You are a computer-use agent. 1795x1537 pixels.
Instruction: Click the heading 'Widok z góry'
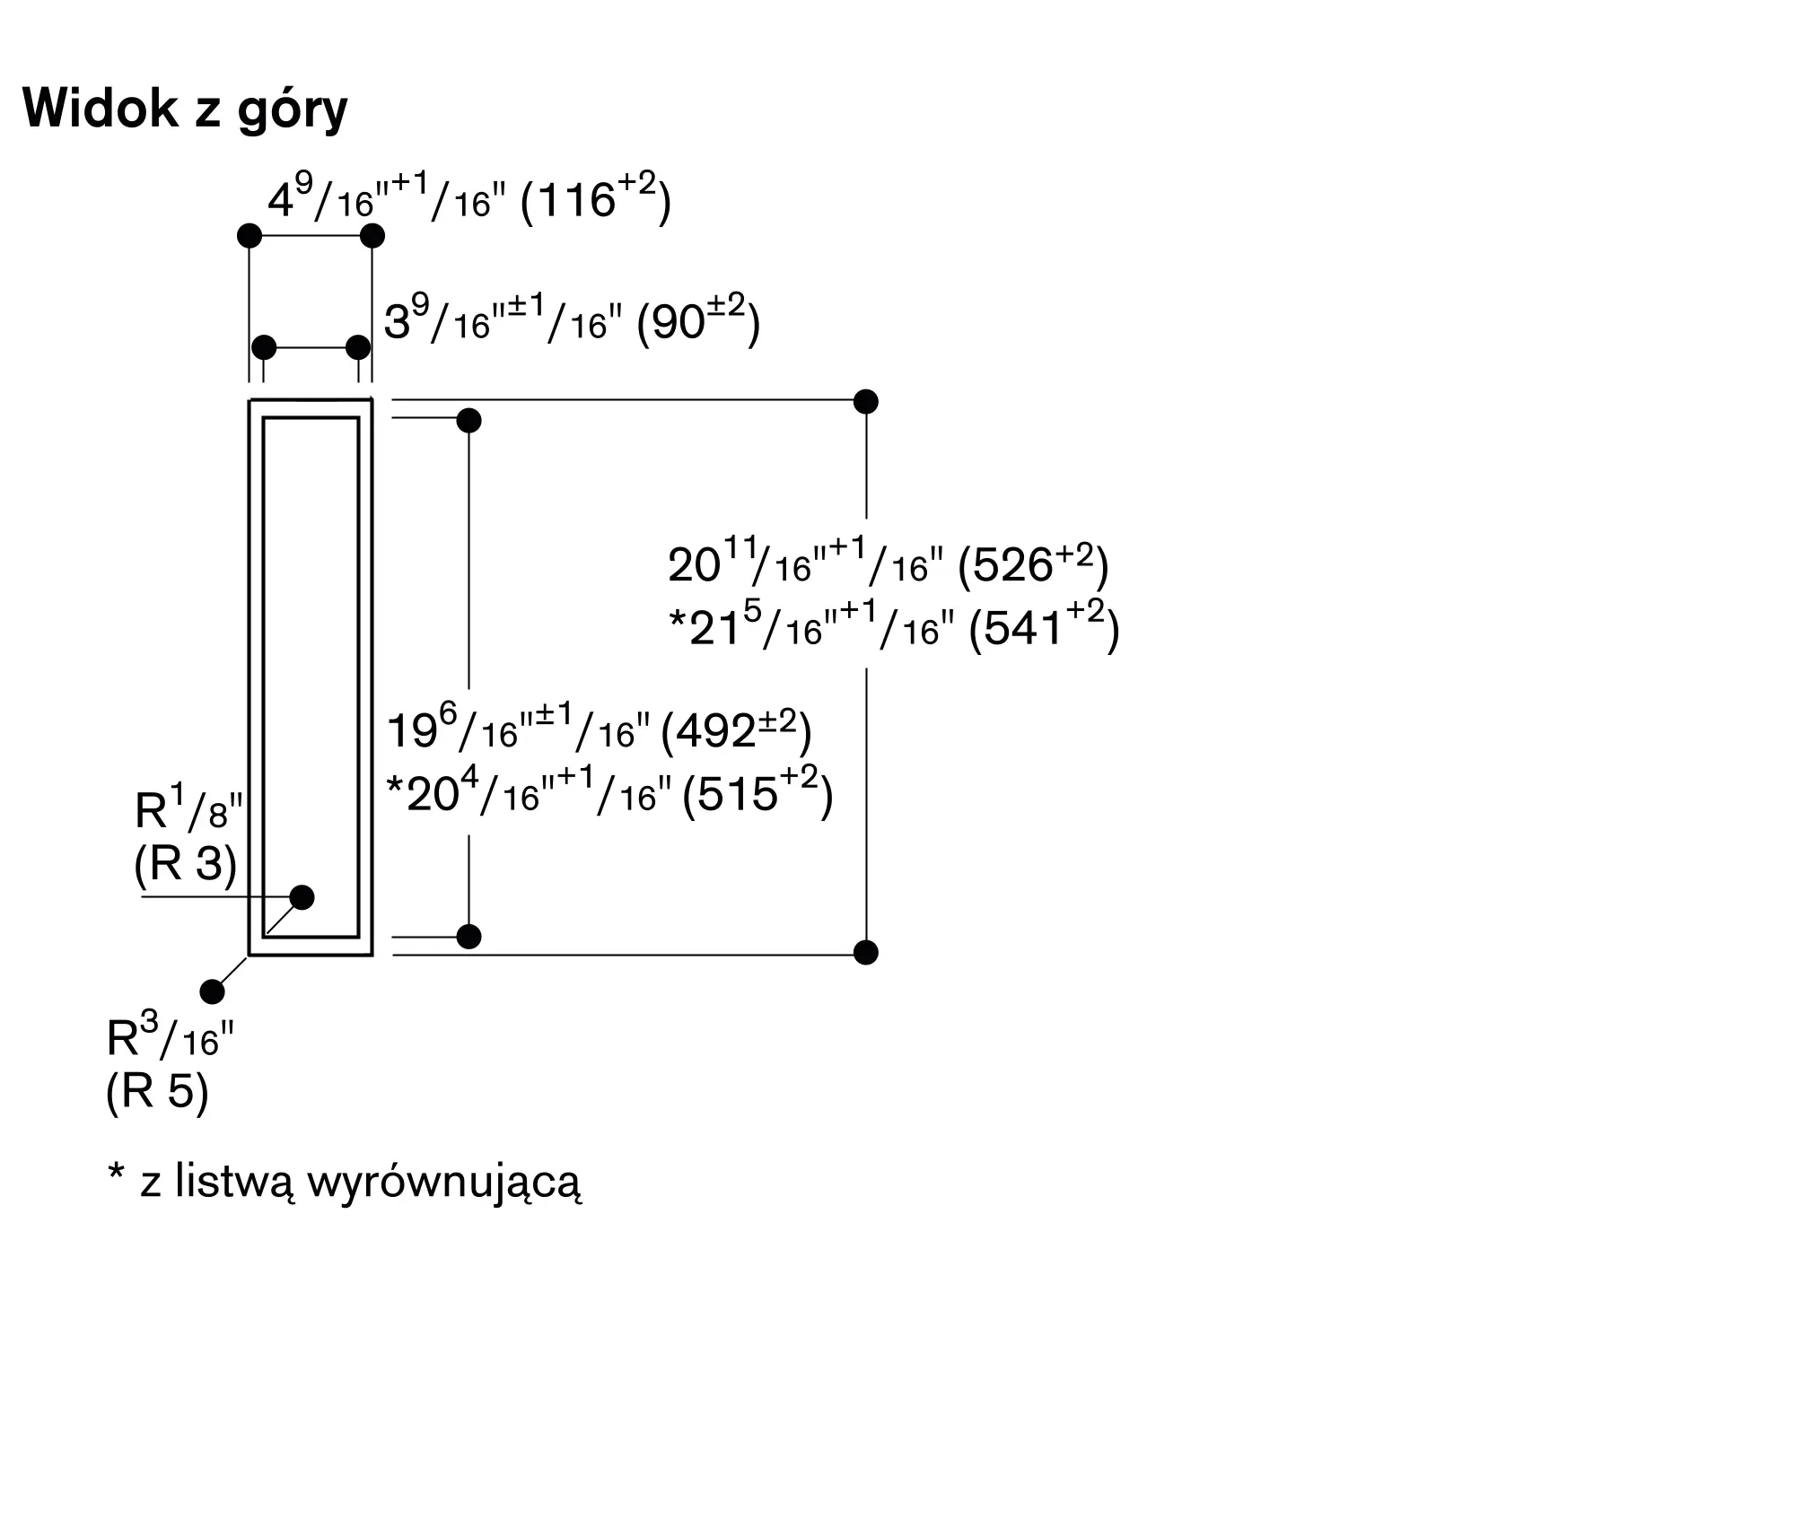185,110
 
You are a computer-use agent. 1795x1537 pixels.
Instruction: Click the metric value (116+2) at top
596,198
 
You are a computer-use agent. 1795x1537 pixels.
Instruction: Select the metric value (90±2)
698,320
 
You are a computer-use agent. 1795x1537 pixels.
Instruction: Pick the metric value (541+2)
1045,627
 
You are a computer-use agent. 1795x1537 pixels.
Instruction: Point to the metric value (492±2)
736,731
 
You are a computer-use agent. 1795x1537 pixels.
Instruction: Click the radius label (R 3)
185,864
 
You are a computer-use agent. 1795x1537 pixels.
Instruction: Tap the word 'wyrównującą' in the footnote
444,1183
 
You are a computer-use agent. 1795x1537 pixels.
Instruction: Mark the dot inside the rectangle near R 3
302,897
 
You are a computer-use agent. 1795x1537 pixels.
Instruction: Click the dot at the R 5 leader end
213,991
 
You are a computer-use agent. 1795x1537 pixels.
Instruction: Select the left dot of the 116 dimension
250,236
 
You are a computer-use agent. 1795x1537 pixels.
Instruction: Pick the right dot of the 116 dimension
372,236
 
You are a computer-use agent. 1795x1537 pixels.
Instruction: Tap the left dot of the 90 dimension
264,347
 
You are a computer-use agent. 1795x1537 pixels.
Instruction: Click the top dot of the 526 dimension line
866,401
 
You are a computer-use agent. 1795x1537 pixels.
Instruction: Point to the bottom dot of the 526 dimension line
866,952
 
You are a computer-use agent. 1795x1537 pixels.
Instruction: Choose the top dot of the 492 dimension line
469,420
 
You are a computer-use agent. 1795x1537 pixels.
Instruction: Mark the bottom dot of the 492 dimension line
469,937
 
